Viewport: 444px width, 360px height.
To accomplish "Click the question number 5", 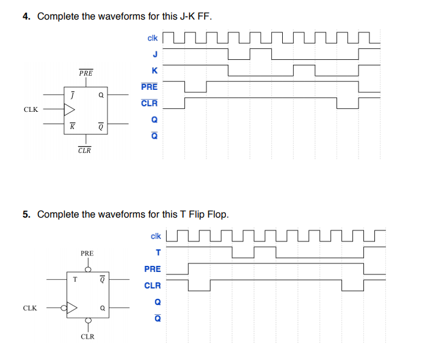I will (26, 214).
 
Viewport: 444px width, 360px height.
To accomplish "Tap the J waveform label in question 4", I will (155, 54).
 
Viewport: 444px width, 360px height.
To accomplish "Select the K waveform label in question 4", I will (155, 71).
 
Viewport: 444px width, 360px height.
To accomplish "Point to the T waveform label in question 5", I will (158, 252).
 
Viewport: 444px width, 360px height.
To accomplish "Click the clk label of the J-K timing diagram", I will (153, 39).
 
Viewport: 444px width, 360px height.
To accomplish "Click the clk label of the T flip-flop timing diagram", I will (155, 236).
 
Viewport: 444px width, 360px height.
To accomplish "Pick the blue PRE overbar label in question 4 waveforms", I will (150, 87).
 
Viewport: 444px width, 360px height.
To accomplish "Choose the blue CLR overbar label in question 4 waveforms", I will (150, 103).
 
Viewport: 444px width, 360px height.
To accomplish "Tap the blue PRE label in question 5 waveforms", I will (153, 269).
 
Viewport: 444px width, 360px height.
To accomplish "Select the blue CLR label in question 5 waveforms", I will (153, 285).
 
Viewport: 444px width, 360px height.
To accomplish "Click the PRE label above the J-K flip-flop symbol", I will (86, 73).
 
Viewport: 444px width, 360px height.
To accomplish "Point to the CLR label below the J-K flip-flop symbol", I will (85, 150).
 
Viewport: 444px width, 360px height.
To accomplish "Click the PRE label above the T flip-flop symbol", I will (87, 252).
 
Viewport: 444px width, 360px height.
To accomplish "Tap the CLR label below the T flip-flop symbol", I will (87, 337).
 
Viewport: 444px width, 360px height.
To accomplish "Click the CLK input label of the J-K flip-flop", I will (31, 110).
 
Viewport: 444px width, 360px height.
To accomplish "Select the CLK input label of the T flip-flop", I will (31, 308).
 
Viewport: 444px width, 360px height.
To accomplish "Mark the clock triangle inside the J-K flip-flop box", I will (70, 110).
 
